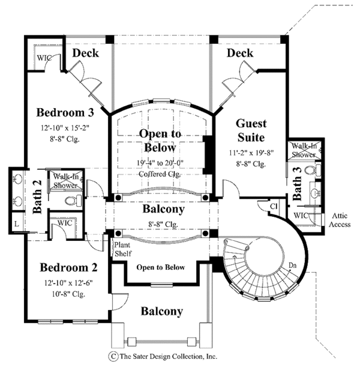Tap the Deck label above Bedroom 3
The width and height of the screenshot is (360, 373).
click(86, 53)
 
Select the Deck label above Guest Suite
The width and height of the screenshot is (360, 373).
click(240, 53)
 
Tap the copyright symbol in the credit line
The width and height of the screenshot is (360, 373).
click(111, 356)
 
